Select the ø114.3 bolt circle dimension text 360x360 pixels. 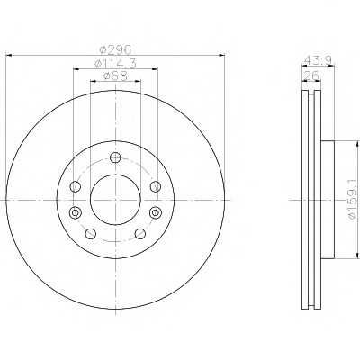tap(114, 66)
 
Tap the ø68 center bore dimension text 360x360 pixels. tap(114, 79)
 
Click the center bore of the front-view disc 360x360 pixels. tap(114, 195)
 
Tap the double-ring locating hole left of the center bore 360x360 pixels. tap(75, 212)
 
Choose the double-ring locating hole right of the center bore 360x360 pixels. tap(155, 212)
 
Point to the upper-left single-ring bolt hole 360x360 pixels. tap(75, 186)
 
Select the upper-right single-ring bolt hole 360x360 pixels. tap(155, 186)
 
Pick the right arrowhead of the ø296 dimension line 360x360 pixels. tap(220, 57)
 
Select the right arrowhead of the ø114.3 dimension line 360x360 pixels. tap(158, 71)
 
